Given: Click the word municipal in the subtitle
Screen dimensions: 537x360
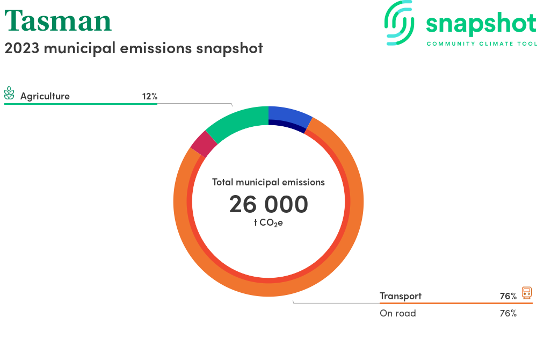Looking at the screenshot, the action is [x=79, y=48].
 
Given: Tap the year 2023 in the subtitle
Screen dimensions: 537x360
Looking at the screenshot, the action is [x=22, y=48].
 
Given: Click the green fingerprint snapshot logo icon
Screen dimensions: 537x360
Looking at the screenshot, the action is [x=399, y=23].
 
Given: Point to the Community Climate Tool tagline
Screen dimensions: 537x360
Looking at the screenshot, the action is [x=482, y=44].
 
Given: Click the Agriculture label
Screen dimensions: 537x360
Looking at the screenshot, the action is [x=45, y=96].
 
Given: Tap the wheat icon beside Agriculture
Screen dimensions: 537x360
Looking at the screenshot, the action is [x=9, y=93].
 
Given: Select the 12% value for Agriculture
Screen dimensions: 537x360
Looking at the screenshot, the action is [x=150, y=97].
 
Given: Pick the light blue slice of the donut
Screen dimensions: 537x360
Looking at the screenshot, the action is [x=289, y=115].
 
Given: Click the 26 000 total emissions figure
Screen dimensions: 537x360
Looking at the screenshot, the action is [x=268, y=204].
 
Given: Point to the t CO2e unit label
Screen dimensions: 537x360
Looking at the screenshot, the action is [x=268, y=223].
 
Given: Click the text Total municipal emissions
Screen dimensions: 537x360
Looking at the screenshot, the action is [x=268, y=182].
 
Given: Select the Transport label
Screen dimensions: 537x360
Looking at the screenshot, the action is [x=401, y=296].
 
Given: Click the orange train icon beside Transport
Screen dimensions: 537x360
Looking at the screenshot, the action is [x=527, y=293].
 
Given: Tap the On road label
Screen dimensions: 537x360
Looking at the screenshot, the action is [x=397, y=313].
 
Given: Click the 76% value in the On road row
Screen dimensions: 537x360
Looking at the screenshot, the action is [x=508, y=313].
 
